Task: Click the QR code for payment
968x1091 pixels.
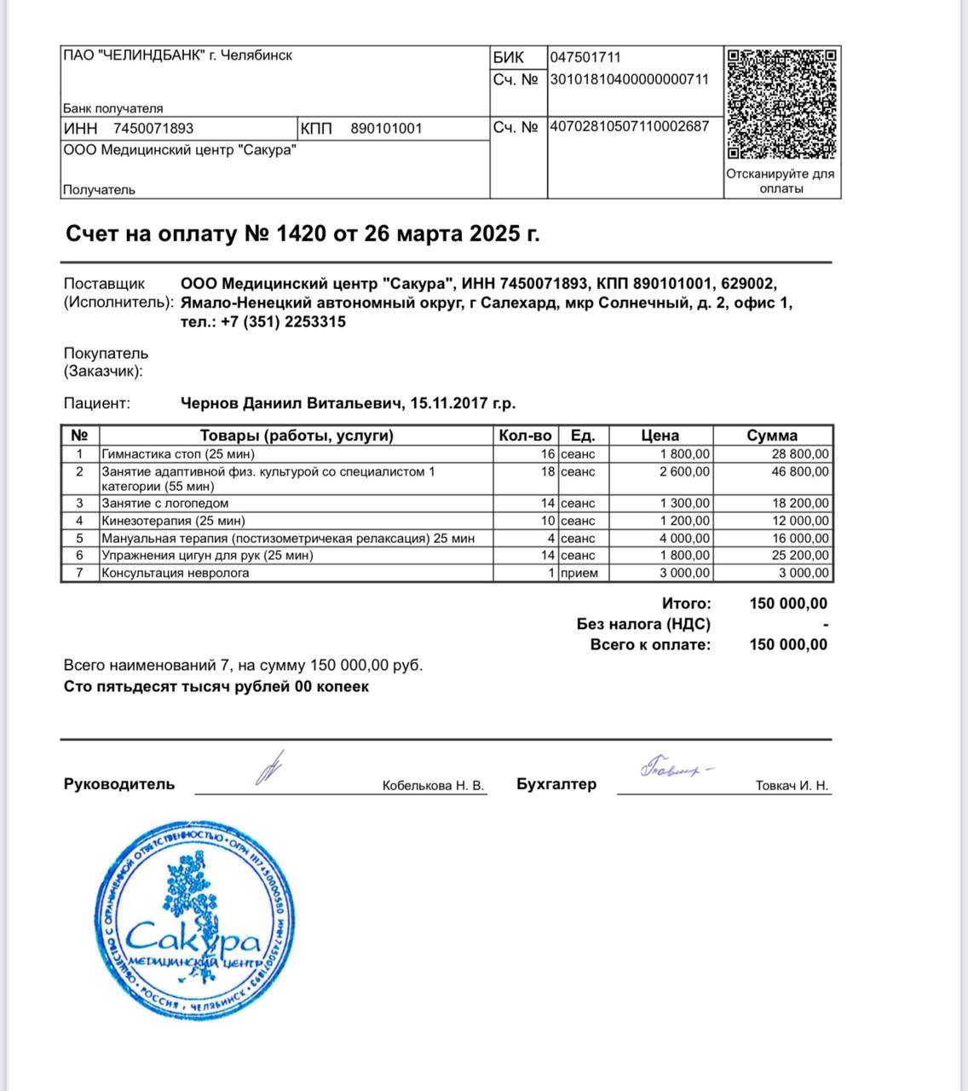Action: (781, 104)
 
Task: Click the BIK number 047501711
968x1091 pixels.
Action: (585, 58)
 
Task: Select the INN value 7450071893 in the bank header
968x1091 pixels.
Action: (153, 129)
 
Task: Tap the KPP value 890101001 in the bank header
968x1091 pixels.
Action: (386, 129)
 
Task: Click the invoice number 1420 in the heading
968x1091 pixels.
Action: (301, 234)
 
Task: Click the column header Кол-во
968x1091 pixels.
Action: (525, 436)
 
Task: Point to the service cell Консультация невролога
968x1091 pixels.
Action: (176, 573)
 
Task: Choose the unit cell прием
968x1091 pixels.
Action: (579, 573)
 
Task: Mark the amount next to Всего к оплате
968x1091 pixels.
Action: (788, 644)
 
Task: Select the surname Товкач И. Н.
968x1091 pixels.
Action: (792, 786)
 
